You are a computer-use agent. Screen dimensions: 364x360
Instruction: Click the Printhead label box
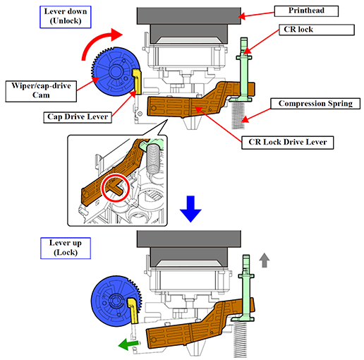click(x=306, y=11)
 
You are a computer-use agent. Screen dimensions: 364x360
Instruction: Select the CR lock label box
click(x=317, y=30)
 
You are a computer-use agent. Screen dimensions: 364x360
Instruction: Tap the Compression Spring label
click(x=315, y=104)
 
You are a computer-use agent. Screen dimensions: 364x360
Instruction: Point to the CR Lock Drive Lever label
click(x=288, y=143)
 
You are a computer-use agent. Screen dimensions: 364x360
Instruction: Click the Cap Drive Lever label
click(x=78, y=117)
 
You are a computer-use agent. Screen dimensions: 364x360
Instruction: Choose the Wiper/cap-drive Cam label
click(x=41, y=91)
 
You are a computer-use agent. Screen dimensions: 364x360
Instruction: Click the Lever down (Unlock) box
click(x=66, y=17)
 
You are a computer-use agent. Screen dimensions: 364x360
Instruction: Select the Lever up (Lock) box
click(x=66, y=248)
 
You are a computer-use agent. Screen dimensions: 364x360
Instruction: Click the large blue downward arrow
click(x=190, y=209)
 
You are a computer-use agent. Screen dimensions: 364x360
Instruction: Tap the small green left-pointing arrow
click(x=128, y=344)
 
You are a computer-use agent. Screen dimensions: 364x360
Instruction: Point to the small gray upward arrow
click(x=265, y=260)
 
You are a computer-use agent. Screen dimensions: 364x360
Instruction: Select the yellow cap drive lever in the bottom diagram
click(x=133, y=310)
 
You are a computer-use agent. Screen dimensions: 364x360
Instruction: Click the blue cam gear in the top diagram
click(x=115, y=71)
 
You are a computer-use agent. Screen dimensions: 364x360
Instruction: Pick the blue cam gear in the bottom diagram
click(x=116, y=301)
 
